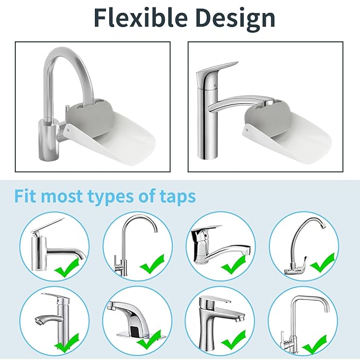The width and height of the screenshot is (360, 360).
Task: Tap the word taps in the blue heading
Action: [177, 196]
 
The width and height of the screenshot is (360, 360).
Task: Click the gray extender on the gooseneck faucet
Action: [91, 113]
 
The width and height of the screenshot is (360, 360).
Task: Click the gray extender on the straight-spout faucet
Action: [268, 114]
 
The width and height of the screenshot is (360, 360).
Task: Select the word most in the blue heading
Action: [66, 196]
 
